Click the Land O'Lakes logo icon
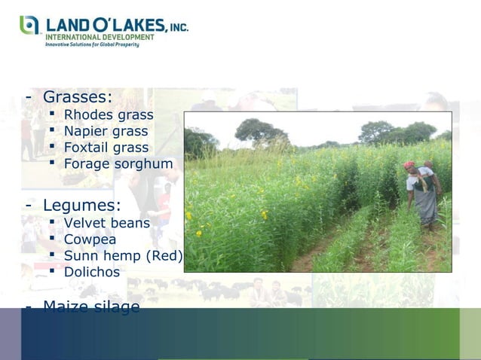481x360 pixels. pyautogui.click(x=29, y=26)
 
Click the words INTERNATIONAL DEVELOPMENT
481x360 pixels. pyautogui.click(x=100, y=36)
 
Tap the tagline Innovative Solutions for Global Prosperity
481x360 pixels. pyautogui.click(x=92, y=44)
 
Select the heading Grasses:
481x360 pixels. pyautogui.click(x=77, y=97)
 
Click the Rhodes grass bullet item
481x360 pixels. pyautogui.click(x=108, y=115)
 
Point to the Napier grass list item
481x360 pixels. pyautogui.click(x=106, y=132)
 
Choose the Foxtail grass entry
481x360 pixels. pyautogui.click(x=106, y=148)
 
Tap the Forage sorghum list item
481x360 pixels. pyautogui.click(x=118, y=163)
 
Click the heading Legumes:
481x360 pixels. pyautogui.click(x=81, y=205)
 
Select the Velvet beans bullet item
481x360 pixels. pyautogui.click(x=106, y=224)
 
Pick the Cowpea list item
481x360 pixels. pyautogui.click(x=90, y=239)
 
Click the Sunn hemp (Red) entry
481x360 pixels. pyautogui.click(x=123, y=256)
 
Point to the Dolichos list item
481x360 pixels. pyautogui.click(x=91, y=272)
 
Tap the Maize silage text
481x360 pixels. pyautogui.click(x=90, y=307)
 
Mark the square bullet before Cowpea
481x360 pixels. pyautogui.click(x=54, y=239)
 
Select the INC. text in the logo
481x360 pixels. pyautogui.click(x=178, y=26)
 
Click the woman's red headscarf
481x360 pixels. pyautogui.click(x=410, y=165)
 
